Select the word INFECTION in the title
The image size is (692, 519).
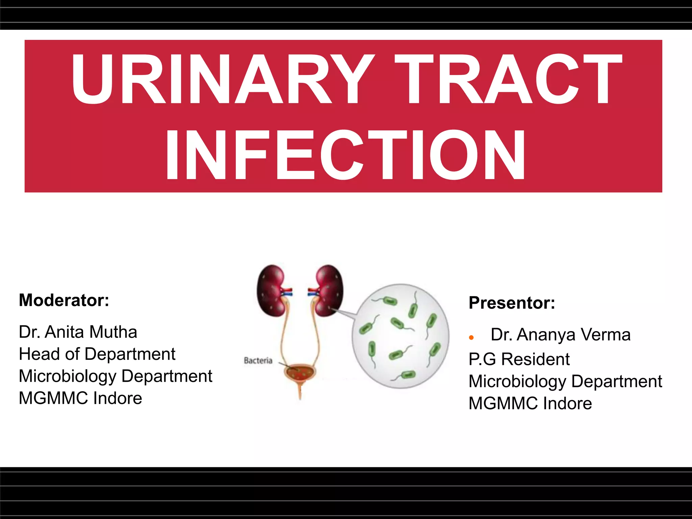tap(345, 155)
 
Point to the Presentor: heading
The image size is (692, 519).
tap(512, 303)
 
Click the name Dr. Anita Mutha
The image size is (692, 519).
tap(78, 332)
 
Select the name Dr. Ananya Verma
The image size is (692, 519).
tap(561, 335)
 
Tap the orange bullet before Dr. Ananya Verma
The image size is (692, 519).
tap(471, 337)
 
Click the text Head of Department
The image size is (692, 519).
tap(97, 354)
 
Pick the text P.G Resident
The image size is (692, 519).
tap(519, 359)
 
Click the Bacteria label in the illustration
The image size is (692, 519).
tap(258, 361)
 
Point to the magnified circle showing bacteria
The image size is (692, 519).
tap(400, 336)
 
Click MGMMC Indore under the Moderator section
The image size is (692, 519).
tap(80, 398)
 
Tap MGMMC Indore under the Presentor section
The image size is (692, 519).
tap(530, 403)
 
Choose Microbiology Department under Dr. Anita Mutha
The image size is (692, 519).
tap(116, 376)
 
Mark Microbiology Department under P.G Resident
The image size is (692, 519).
tap(565, 381)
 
